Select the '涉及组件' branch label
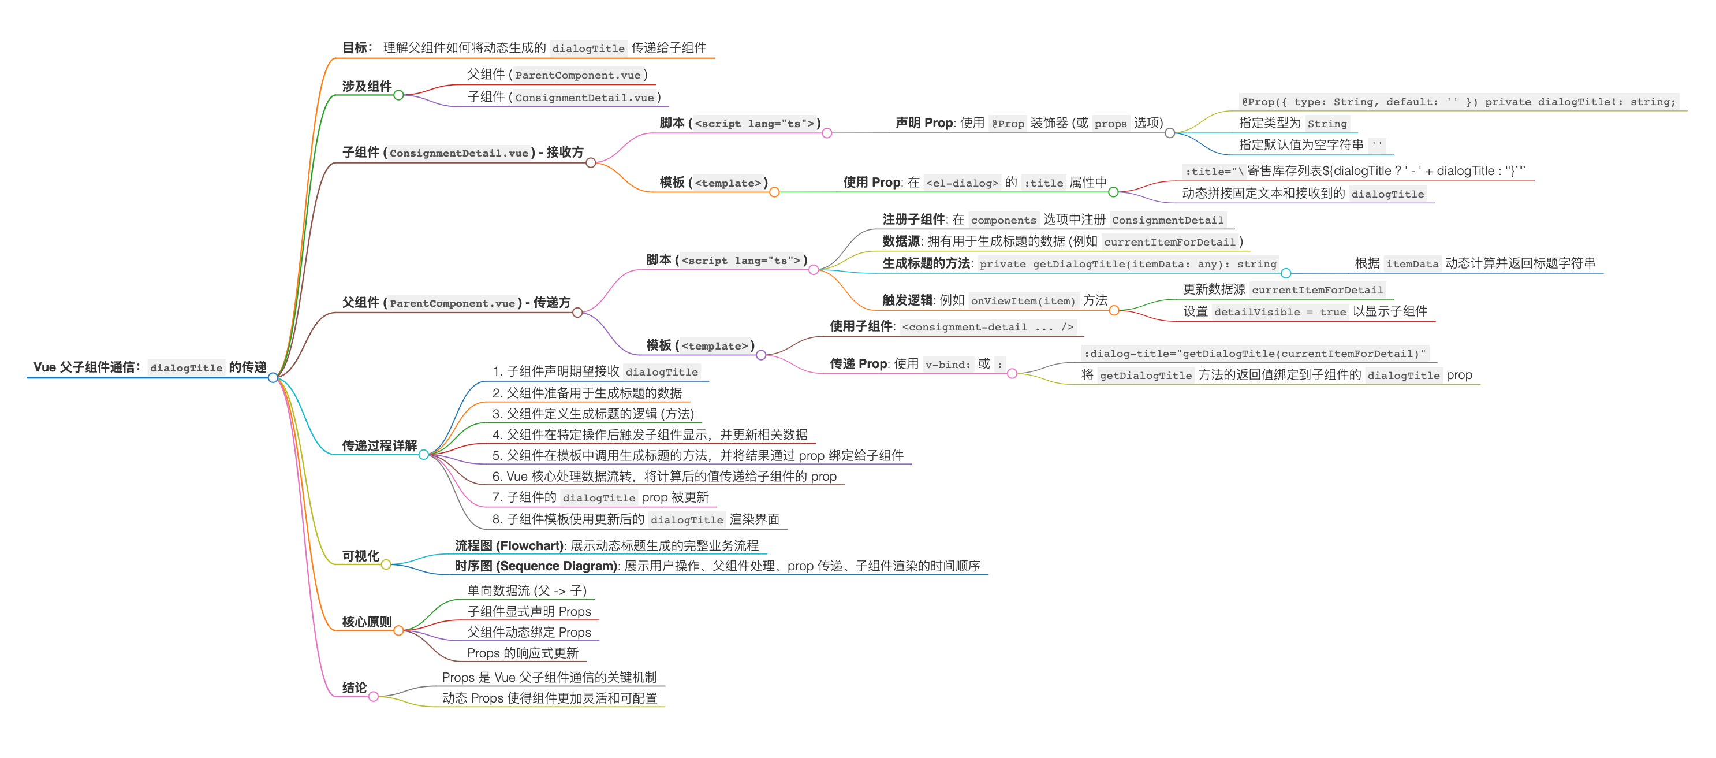pyautogui.click(x=367, y=87)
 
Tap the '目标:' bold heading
pyautogui.click(x=357, y=48)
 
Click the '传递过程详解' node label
pyautogui.click(x=379, y=445)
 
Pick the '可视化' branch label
pyautogui.click(x=360, y=556)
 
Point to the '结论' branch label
pyautogui.click(x=355, y=688)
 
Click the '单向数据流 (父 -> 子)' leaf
pyautogui.click(x=526, y=590)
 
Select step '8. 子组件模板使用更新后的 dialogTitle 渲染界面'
pyautogui.click(x=636, y=519)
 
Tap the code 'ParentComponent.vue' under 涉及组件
pyautogui.click(x=577, y=75)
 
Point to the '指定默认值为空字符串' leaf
pyautogui.click(x=1300, y=144)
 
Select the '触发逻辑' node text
pyautogui.click(x=907, y=300)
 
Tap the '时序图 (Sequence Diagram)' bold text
pyautogui.click(x=536, y=567)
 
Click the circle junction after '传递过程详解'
pyautogui.click(x=424, y=455)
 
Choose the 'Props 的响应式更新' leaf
pyautogui.click(x=523, y=653)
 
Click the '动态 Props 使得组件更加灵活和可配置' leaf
pyautogui.click(x=550, y=698)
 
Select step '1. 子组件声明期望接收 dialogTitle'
pyautogui.click(x=595, y=372)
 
